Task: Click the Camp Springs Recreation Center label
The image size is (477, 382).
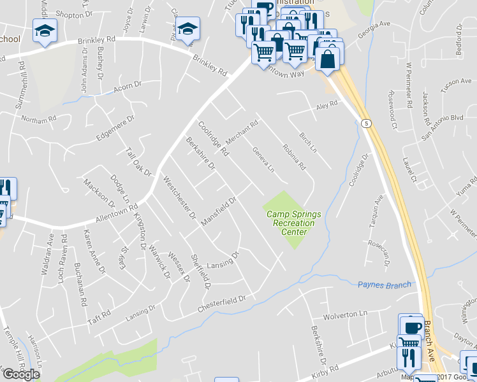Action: point(290,223)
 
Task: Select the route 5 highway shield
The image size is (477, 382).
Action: point(365,122)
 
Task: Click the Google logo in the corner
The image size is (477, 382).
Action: point(20,374)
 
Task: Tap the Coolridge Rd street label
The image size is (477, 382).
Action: point(213,139)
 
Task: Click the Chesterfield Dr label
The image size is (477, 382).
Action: point(221,302)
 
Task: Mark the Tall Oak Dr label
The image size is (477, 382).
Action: point(138,163)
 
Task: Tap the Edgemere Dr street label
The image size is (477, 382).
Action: point(115,128)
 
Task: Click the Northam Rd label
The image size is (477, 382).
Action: point(39,119)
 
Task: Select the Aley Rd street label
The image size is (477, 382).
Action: point(325,109)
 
